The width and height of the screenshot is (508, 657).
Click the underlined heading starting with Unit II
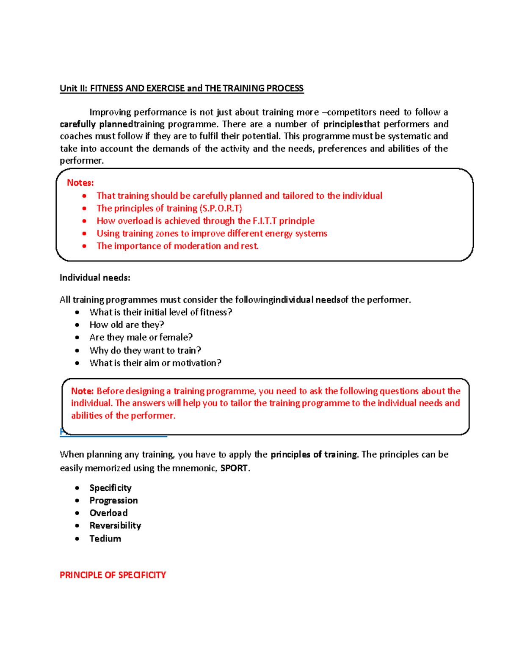click(x=181, y=88)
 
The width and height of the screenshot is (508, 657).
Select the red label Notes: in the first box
click(x=80, y=183)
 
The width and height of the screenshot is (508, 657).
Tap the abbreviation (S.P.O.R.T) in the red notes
click(x=220, y=208)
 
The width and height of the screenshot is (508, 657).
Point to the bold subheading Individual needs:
click(x=95, y=278)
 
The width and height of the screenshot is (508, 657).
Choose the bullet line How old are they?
click(x=127, y=325)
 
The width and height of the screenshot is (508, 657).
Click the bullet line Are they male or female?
click(x=141, y=338)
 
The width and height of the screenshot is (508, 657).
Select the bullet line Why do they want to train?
click(x=145, y=350)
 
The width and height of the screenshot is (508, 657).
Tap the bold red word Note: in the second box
click(x=82, y=391)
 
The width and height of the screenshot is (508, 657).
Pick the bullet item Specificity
click(x=110, y=488)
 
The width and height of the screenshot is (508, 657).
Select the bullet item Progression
click(x=113, y=500)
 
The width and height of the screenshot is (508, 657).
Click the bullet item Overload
click(x=108, y=513)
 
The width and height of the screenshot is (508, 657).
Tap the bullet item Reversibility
click(x=115, y=525)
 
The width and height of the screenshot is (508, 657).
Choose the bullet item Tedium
click(x=105, y=539)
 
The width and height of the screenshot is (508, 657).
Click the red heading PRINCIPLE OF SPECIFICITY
click(x=113, y=575)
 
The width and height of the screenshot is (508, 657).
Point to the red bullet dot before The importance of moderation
click(x=85, y=246)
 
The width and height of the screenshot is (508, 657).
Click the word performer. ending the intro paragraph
click(x=82, y=161)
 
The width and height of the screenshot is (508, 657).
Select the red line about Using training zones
click(x=212, y=234)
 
